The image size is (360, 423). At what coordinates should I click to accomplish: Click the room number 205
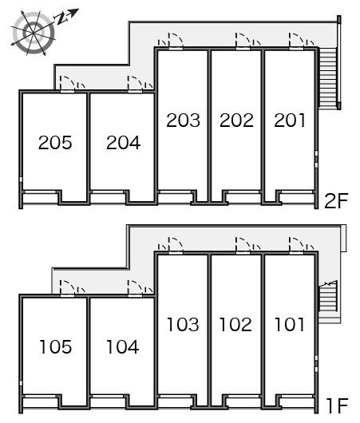pyautogui.click(x=55, y=142)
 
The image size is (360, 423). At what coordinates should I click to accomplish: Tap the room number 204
pyautogui.click(x=124, y=142)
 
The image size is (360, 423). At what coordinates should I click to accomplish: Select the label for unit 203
pyautogui.click(x=184, y=120)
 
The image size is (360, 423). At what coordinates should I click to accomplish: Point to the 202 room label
pyautogui.click(x=236, y=120)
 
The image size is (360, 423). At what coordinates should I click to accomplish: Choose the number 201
pyautogui.click(x=290, y=120)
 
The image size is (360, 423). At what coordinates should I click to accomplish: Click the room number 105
pyautogui.click(x=56, y=346)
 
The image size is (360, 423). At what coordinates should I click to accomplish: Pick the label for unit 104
pyautogui.click(x=123, y=346)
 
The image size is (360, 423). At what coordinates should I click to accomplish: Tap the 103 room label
pyautogui.click(x=183, y=324)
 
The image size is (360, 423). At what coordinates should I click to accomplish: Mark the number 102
pyautogui.click(x=235, y=324)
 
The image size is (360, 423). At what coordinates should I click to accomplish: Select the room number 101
pyautogui.click(x=289, y=324)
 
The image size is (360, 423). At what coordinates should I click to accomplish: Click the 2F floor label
pyautogui.click(x=336, y=201)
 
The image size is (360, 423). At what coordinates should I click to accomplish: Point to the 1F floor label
pyautogui.click(x=338, y=405)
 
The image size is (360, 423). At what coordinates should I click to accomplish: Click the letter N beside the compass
pyautogui.click(x=61, y=18)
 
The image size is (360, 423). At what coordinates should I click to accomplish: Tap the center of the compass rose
pyautogui.click(x=34, y=33)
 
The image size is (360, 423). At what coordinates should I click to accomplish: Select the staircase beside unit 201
pyautogui.click(x=327, y=78)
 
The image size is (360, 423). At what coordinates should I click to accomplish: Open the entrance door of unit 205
pyautogui.click(x=67, y=84)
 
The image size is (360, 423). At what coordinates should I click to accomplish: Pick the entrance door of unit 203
pyautogui.click(x=176, y=41)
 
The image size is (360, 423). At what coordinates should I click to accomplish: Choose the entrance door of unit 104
pyautogui.click(x=135, y=289)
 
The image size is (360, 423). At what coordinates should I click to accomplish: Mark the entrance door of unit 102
pyautogui.click(x=243, y=246)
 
